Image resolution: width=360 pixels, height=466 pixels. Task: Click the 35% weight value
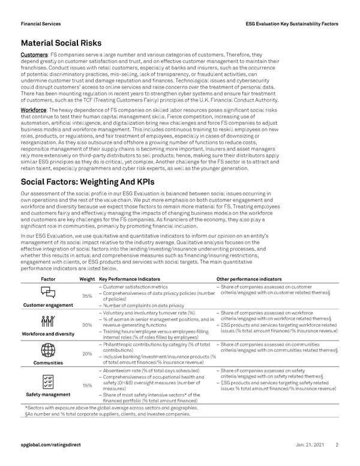86,295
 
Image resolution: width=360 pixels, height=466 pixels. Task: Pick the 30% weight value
86,325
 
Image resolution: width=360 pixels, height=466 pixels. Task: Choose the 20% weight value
86,354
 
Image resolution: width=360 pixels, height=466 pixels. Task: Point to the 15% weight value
86,385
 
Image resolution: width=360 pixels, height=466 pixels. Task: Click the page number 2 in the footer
337,445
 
